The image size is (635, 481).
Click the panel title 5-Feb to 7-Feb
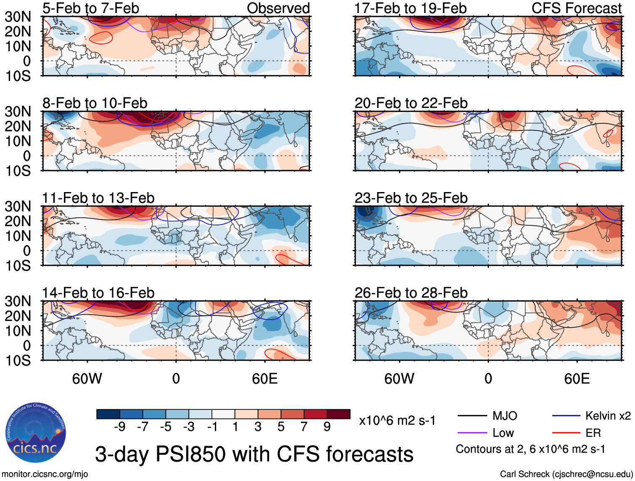[x=91, y=8]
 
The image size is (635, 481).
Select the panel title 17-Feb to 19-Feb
[x=410, y=8]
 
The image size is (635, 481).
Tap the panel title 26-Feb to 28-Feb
[x=411, y=293]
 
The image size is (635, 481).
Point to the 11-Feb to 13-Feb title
[x=98, y=198]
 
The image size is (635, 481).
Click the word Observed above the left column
[x=278, y=8]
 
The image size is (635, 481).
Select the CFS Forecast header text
[x=577, y=8]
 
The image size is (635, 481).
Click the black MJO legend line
[x=472, y=416]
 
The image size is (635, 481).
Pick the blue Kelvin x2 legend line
[x=566, y=416]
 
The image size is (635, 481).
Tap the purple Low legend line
[x=472, y=433]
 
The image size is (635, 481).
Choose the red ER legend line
[x=566, y=433]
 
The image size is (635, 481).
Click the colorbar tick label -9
[x=119, y=427]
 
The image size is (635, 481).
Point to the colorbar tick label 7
[x=304, y=427]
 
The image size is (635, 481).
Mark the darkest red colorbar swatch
[x=339, y=414]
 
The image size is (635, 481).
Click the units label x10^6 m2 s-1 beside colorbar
[x=397, y=420]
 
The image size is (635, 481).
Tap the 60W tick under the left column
[x=87, y=379]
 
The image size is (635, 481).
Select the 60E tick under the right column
[x=577, y=379]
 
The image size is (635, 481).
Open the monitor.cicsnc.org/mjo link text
[x=45, y=474]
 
